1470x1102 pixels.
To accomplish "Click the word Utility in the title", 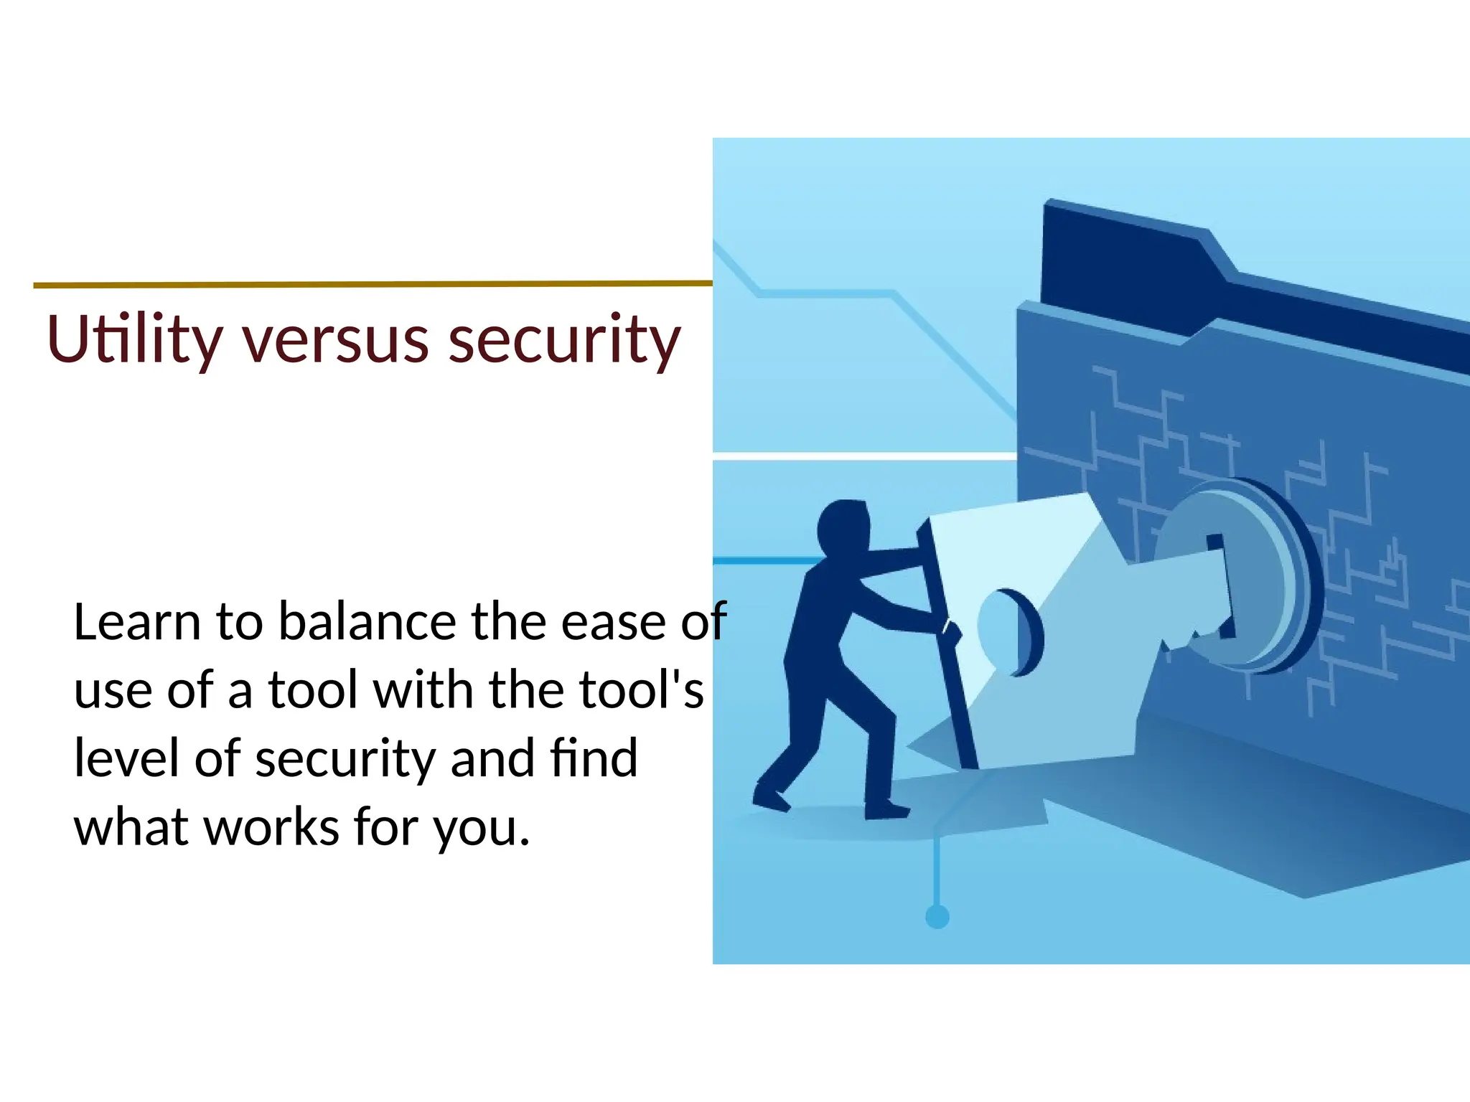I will click(134, 340).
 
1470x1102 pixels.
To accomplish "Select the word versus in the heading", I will click(335, 340).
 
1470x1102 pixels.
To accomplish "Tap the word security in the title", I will click(564, 340).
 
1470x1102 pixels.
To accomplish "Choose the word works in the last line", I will click(271, 827).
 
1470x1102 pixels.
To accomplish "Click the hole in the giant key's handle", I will click(1005, 631).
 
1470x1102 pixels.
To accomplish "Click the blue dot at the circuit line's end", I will click(937, 916).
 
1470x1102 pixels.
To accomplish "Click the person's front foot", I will click(887, 810).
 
